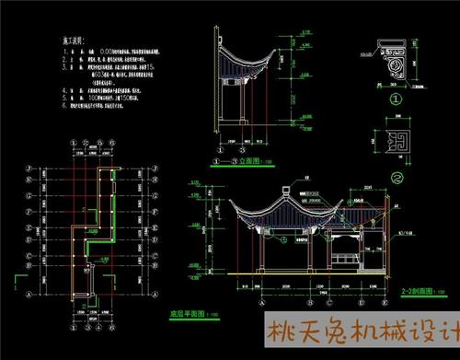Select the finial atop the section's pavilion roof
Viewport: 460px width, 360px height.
pos(285,187)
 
